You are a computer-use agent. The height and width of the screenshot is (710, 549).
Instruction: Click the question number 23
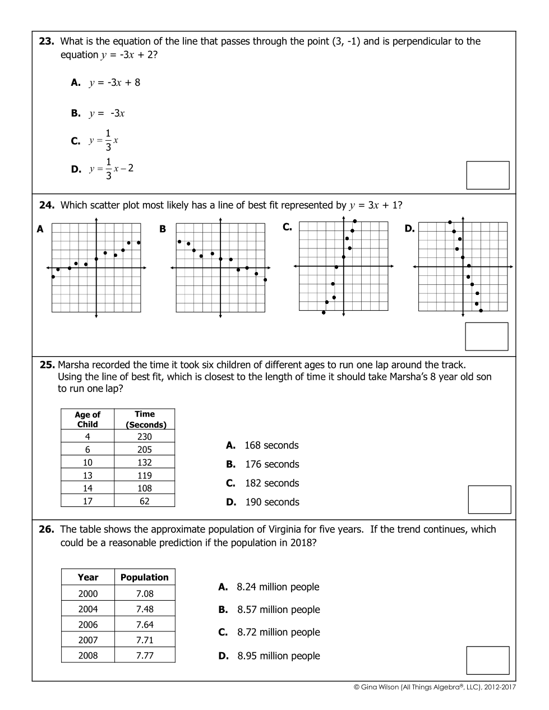[x=46, y=41]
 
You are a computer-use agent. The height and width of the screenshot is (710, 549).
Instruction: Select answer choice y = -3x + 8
[x=114, y=82]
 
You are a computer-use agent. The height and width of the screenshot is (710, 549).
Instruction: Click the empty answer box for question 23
[x=487, y=175]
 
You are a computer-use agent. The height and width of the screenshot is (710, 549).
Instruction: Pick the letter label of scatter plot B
[x=163, y=229]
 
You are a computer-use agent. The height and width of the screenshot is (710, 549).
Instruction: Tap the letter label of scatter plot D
[x=409, y=228]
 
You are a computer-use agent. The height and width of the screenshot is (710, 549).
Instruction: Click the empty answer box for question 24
[x=486, y=336]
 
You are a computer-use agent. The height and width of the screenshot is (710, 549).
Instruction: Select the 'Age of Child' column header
[x=87, y=419]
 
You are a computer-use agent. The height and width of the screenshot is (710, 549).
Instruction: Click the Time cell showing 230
[x=144, y=436]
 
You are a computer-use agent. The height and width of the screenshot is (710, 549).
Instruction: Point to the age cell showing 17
[x=87, y=501]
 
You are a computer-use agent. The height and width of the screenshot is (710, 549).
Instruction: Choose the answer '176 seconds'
[x=271, y=464]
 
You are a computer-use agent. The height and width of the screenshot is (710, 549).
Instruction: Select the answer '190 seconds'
[x=271, y=502]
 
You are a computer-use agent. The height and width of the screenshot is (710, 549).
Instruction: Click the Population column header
[x=144, y=577]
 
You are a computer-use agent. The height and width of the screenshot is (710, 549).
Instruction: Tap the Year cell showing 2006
[x=87, y=624]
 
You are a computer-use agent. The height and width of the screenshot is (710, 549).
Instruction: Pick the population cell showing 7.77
[x=144, y=655]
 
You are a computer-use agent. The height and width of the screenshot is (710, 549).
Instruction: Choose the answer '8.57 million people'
[x=278, y=610]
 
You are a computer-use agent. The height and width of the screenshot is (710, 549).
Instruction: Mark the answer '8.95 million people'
[x=278, y=656]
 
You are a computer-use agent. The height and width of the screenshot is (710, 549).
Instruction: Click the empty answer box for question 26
[x=487, y=660]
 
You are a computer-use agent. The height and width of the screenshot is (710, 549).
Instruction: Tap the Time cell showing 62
[x=144, y=501]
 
